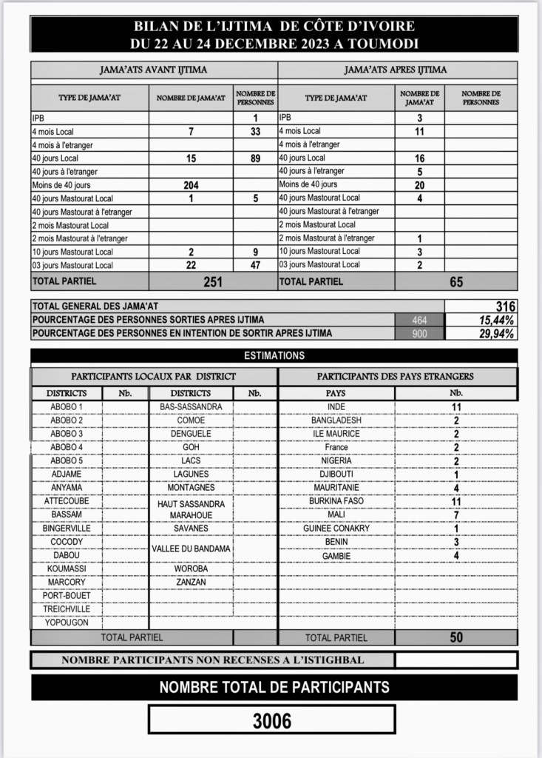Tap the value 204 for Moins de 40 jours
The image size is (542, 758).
point(191,185)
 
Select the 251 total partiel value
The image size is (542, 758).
point(213,281)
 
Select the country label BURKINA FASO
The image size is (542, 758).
point(336,501)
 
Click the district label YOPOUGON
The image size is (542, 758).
point(66,623)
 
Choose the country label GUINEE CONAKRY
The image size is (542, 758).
point(336,529)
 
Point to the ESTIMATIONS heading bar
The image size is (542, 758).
point(274,355)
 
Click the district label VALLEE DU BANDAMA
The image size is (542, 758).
point(191,549)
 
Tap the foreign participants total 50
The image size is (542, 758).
point(456,637)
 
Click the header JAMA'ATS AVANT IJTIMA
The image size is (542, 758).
point(153,70)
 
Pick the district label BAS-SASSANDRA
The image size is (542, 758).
point(191,407)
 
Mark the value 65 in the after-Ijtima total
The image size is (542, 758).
point(456,281)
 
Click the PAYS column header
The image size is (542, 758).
point(336,393)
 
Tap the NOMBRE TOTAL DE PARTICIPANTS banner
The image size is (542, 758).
point(274,688)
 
